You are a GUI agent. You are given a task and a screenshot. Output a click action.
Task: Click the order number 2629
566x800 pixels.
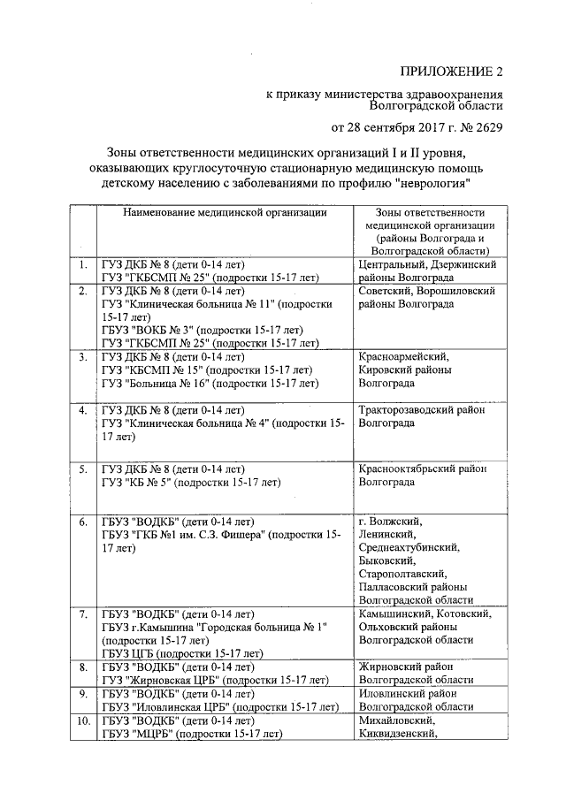[485, 126]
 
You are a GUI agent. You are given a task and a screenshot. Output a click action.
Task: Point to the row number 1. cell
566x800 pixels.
[82, 264]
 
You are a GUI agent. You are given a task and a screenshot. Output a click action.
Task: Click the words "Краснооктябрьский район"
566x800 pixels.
[423, 469]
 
